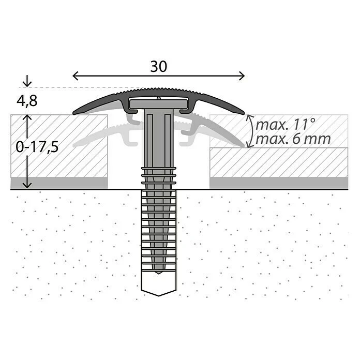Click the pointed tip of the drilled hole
point(158,293)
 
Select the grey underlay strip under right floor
point(279,183)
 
